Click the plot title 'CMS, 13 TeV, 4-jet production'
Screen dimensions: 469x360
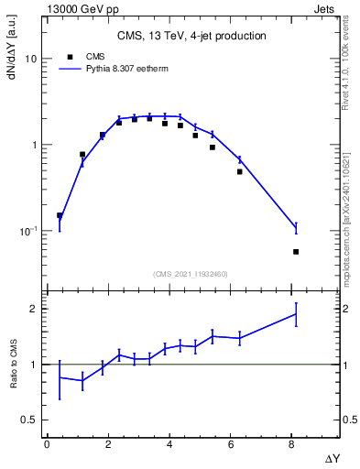coord(191,37)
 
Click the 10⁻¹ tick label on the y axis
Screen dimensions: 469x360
coord(27,230)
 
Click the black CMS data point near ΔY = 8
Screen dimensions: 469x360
coord(296,251)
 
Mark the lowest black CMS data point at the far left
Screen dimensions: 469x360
coord(60,216)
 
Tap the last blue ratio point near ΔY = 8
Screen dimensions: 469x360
coord(296,313)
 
